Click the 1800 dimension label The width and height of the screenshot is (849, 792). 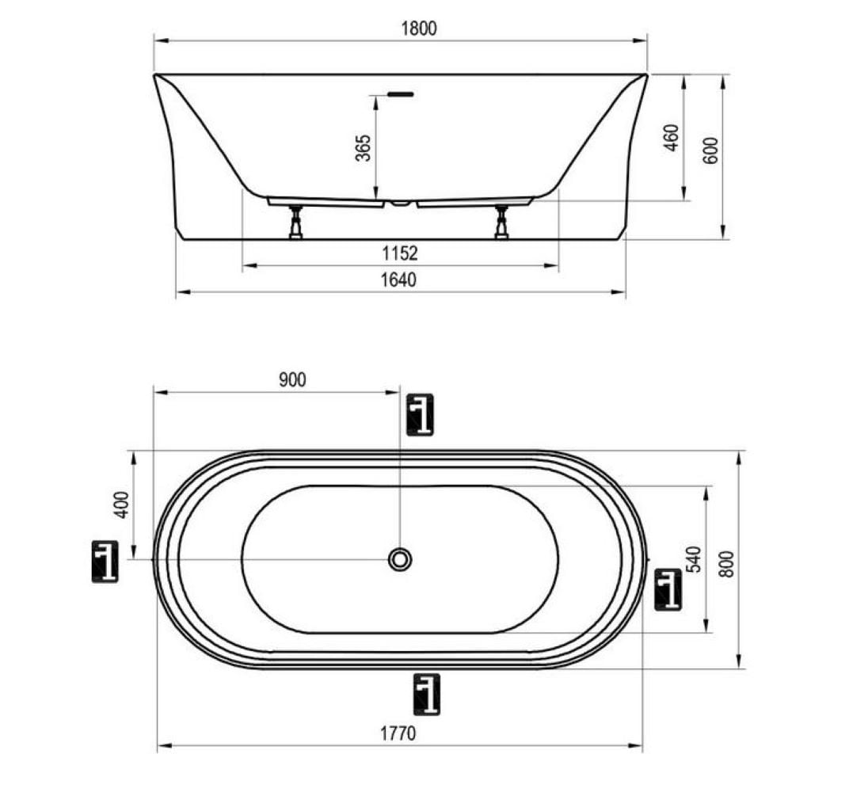click(418, 29)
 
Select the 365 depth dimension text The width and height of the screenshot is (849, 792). click(364, 148)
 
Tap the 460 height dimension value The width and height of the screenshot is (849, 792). click(671, 138)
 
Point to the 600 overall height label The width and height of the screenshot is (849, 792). click(711, 150)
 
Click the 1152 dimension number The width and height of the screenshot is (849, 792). click(400, 253)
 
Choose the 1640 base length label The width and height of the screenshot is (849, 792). click(398, 280)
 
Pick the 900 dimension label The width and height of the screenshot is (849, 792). click(292, 380)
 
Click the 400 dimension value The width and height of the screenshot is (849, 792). click(123, 505)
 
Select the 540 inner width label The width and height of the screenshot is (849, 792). click(693, 559)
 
